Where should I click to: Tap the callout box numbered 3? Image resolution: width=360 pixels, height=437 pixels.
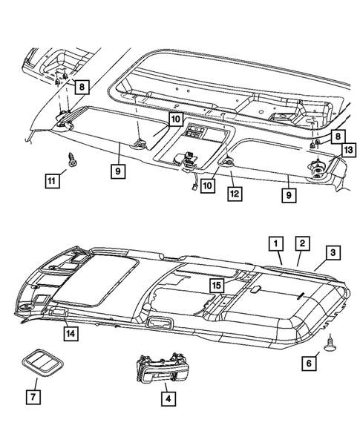[334, 253]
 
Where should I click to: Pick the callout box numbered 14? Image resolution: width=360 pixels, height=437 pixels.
[70, 333]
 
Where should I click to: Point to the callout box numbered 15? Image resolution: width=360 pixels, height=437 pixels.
[216, 285]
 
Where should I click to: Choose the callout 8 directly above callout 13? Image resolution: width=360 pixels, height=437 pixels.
[337, 137]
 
